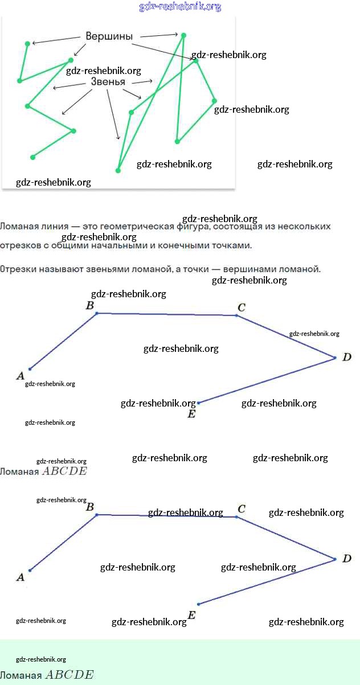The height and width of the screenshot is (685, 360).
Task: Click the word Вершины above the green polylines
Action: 109,36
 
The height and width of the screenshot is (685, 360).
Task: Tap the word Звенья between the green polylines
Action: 108,82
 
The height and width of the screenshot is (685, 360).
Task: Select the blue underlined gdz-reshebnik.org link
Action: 180,7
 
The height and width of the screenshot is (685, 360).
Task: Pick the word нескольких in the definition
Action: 303,227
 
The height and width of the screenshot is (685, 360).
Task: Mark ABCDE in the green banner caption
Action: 69,675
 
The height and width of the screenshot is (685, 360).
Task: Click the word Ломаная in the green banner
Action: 21,676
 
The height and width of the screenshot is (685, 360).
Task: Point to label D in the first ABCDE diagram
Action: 346,358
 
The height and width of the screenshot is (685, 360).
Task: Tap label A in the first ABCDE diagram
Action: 21,376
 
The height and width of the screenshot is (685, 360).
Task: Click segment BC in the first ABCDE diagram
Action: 166,314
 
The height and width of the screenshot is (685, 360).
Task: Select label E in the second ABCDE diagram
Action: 191,615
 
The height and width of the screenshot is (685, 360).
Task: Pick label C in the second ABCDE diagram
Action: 242,509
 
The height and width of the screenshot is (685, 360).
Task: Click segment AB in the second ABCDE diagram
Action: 63,543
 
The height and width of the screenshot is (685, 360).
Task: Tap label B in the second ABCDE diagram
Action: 89,506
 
